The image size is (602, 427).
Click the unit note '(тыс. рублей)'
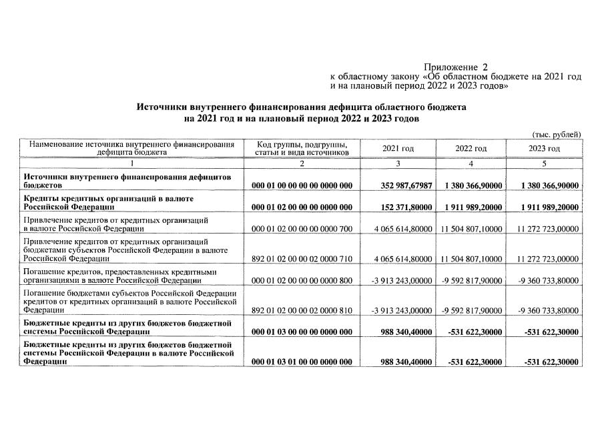coord(556,135)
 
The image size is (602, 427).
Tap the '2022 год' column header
coord(471,148)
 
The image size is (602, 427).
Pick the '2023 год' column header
coord(544,148)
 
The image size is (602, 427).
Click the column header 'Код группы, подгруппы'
coord(302,144)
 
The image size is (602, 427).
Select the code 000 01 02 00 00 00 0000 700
coord(302,229)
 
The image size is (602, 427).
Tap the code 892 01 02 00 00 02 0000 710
coord(302,258)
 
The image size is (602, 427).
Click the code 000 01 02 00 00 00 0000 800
coord(302,280)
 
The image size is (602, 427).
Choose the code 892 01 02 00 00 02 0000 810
coord(302,310)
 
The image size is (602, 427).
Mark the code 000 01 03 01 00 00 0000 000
coord(302,362)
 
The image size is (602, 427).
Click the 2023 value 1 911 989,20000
coord(547,207)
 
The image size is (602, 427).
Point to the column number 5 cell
coord(544,163)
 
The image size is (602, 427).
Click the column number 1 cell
coord(131,163)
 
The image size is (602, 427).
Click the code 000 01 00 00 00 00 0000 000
coord(302,185)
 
